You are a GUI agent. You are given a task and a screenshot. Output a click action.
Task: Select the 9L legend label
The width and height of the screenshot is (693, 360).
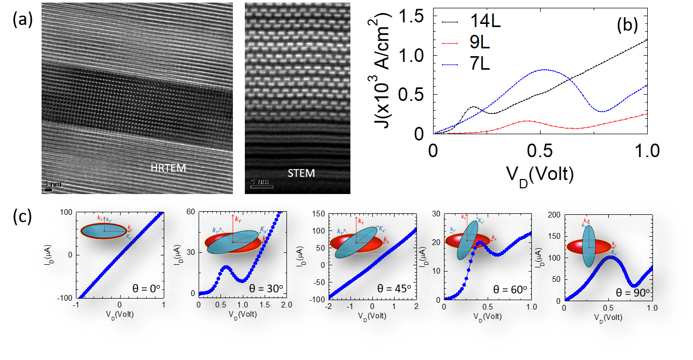pyautogui.click(x=480, y=42)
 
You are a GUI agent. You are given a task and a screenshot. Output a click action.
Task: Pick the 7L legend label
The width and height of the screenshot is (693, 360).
pyautogui.click(x=480, y=63)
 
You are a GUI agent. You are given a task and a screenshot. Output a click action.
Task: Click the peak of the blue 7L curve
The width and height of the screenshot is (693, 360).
pyautogui.click(x=544, y=70)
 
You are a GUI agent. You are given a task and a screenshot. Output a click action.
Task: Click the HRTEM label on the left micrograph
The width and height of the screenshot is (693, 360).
pyautogui.click(x=168, y=168)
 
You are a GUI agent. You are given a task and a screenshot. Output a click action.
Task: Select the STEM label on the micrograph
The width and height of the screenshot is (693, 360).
pyautogui.click(x=301, y=173)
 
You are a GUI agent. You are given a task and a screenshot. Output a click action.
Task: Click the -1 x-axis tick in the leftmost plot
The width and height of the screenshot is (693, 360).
pyautogui.click(x=77, y=306)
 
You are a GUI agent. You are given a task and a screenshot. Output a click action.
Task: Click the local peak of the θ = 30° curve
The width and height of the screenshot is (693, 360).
pyautogui.click(x=227, y=266)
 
